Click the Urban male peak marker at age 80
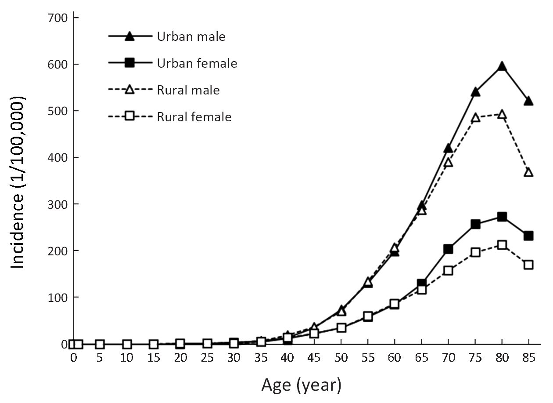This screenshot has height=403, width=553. point(502,67)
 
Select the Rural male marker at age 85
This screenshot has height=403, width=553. point(528,172)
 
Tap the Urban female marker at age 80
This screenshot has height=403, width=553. point(502,217)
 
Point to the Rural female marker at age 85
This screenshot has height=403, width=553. point(528,265)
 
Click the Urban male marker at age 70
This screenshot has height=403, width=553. point(448,149)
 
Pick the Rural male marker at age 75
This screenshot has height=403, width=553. point(475,118)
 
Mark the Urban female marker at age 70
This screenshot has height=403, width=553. point(448,249)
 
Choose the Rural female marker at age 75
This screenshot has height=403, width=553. point(475,252)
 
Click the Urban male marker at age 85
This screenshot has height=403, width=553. point(528,101)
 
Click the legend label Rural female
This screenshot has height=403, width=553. point(194,117)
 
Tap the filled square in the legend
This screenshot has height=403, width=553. point(129,63)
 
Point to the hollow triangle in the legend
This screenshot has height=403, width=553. point(129,91)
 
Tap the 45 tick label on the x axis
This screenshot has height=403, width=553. point(314,358)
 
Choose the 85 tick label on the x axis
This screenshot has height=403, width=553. point(528,358)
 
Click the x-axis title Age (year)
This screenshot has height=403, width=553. point(301,385)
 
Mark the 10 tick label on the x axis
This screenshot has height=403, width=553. point(126,358)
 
